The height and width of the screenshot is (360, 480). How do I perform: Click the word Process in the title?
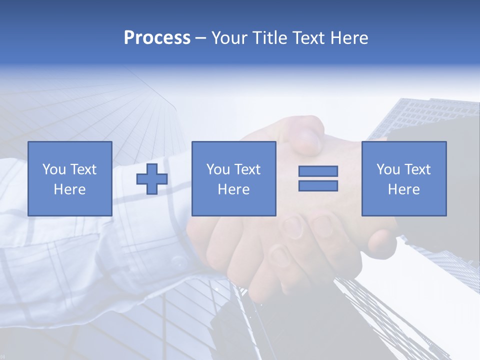157,38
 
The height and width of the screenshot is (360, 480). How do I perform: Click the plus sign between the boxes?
152,178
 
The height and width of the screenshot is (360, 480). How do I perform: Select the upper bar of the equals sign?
318,171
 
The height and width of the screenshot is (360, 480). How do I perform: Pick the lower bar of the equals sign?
318,185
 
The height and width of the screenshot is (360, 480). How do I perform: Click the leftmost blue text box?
69,178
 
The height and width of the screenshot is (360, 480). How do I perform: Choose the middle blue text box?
233,178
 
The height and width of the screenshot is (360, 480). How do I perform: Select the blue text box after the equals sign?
403,178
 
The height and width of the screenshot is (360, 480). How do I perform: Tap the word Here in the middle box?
233,189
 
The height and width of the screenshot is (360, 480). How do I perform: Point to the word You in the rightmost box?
388,169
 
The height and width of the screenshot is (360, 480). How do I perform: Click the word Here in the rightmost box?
403,189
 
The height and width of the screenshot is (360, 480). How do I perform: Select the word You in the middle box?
218,169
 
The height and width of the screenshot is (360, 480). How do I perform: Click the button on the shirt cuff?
178,262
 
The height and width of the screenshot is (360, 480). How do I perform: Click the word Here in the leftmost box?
69,189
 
